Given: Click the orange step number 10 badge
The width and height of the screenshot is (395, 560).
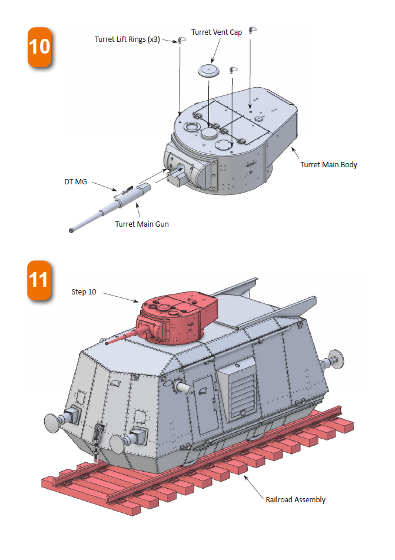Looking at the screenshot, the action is (x=39, y=47).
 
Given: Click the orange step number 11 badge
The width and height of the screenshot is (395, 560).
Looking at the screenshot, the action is (x=39, y=280).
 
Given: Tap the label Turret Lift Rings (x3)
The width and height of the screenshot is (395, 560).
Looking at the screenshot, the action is (x=127, y=39).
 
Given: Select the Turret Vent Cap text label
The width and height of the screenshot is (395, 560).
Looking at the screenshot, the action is (x=217, y=32).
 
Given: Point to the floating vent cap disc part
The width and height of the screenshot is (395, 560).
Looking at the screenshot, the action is (x=209, y=70).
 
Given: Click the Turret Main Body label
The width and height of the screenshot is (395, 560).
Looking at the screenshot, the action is (x=328, y=165).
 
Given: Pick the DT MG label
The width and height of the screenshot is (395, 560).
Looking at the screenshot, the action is (x=76, y=182).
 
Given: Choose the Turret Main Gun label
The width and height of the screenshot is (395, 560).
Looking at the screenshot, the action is (x=142, y=224).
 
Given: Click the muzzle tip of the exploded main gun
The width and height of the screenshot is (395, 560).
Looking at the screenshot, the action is (x=71, y=230).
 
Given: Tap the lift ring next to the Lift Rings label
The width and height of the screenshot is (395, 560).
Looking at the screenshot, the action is (x=180, y=41).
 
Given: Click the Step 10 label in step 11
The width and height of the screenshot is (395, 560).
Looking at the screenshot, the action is (x=84, y=292).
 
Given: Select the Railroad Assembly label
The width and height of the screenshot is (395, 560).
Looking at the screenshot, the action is (x=296, y=500).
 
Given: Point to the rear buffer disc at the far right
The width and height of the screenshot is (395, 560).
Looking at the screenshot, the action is (x=337, y=360).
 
